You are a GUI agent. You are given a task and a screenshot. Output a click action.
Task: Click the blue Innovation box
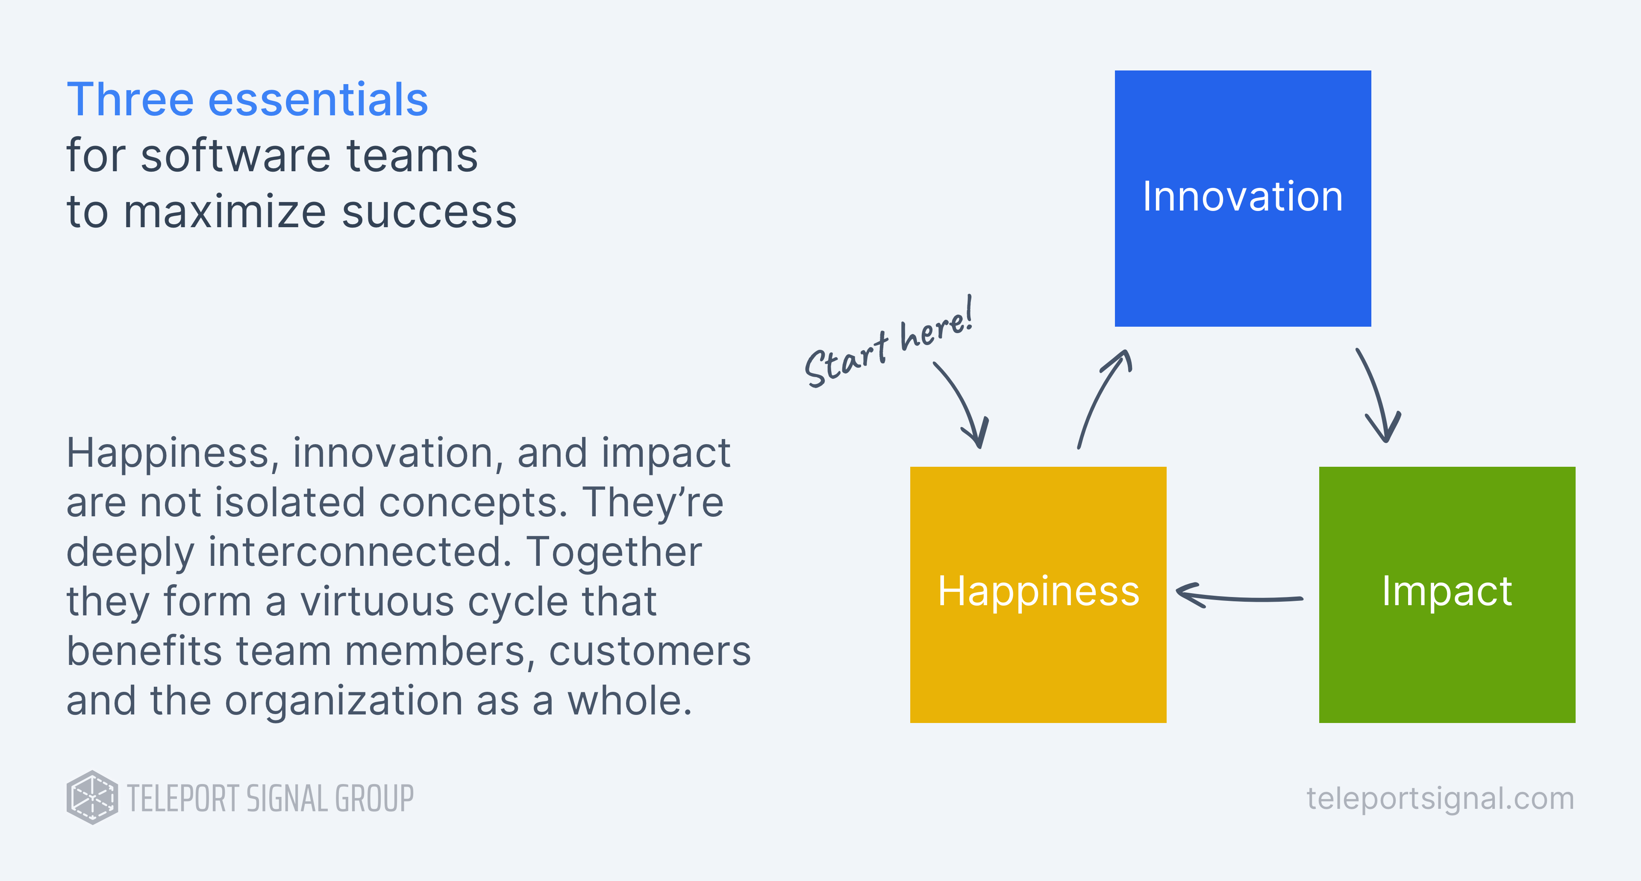pyautogui.click(x=1242, y=198)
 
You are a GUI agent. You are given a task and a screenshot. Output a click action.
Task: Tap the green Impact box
pyautogui.click(x=1447, y=594)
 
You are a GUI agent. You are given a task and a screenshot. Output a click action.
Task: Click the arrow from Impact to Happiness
pyautogui.click(x=1239, y=597)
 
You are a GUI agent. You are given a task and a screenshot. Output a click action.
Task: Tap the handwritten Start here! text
pyautogui.click(x=889, y=344)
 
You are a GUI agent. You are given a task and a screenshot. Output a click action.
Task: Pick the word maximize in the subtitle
pyautogui.click(x=224, y=212)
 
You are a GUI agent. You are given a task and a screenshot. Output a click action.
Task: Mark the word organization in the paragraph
pyautogui.click(x=344, y=701)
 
